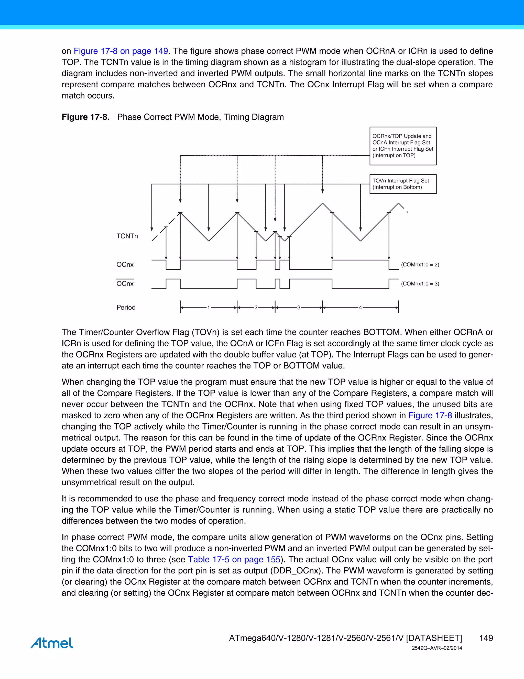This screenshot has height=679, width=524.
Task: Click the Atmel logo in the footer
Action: (x=52, y=643)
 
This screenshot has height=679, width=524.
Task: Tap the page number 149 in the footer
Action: (x=486, y=638)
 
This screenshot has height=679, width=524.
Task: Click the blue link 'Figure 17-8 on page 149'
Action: (x=121, y=51)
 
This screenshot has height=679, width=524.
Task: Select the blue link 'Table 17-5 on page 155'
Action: (x=234, y=559)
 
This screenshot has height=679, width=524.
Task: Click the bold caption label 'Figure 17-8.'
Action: (x=86, y=117)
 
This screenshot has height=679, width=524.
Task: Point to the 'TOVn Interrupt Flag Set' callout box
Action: (x=403, y=184)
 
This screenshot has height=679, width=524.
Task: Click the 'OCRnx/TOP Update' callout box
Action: (x=403, y=146)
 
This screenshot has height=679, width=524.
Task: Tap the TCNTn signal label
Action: (x=127, y=236)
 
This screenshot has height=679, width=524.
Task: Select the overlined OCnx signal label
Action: (x=125, y=284)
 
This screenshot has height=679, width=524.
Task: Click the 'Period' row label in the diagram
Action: (x=126, y=307)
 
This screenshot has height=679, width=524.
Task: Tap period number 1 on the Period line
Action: (x=209, y=307)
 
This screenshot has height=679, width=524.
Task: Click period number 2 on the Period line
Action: (x=256, y=307)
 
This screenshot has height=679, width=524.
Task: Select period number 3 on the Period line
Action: (x=299, y=307)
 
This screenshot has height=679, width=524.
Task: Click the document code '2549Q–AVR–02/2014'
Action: (x=437, y=648)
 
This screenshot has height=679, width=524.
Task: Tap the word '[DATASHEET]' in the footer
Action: (x=434, y=638)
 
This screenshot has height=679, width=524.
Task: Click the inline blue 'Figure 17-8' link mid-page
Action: (x=430, y=415)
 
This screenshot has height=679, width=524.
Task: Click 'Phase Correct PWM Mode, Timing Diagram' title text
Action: (x=200, y=117)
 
